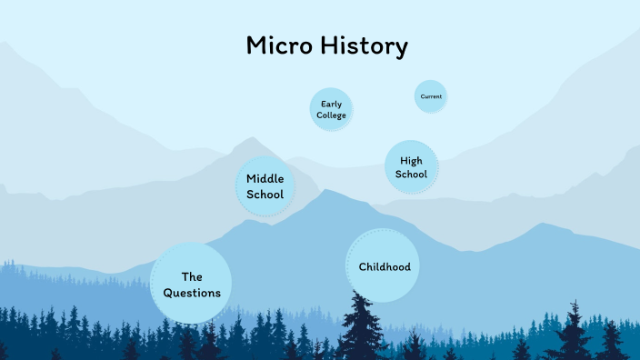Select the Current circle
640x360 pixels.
click(431, 96)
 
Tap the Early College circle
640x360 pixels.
click(331, 110)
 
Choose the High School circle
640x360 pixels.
click(411, 167)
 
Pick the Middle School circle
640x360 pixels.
click(265, 186)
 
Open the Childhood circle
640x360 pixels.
click(384, 266)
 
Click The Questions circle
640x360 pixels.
click(191, 285)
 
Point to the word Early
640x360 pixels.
click(331, 104)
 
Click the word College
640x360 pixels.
click(331, 115)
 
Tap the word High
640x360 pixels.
click(411, 161)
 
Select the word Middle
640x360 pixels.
click(265, 179)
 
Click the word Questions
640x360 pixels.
click(192, 293)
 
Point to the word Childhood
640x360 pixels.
click(385, 267)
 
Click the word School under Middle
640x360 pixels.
click(265, 195)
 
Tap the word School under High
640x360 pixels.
click(411, 174)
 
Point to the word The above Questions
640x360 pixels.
click(191, 276)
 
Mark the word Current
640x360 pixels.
click(431, 96)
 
